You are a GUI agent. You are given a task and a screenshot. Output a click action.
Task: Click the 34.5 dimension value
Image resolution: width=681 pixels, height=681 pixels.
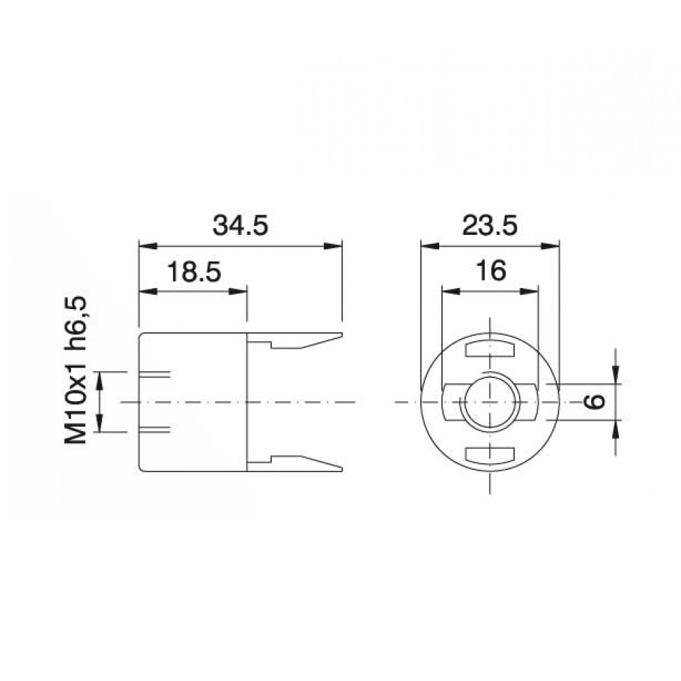[x=240, y=225]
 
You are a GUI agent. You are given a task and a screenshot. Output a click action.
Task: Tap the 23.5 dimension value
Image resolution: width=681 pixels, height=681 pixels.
[x=490, y=225]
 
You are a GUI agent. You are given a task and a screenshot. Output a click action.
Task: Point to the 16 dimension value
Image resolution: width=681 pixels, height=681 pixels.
[x=490, y=272]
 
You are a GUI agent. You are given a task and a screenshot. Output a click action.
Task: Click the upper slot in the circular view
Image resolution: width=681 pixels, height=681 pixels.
[x=489, y=350]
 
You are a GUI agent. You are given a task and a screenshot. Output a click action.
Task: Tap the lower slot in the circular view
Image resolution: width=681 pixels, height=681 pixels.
[x=489, y=454]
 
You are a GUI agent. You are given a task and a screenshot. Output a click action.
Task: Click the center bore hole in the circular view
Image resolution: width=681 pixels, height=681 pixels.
[x=489, y=402]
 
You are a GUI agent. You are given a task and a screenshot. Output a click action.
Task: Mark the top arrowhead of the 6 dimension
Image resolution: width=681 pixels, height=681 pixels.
[x=616, y=376]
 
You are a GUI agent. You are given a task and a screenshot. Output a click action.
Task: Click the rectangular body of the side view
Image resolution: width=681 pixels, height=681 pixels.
[x=193, y=402]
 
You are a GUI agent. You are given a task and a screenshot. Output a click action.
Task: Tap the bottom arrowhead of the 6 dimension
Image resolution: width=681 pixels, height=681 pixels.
[x=616, y=428]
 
